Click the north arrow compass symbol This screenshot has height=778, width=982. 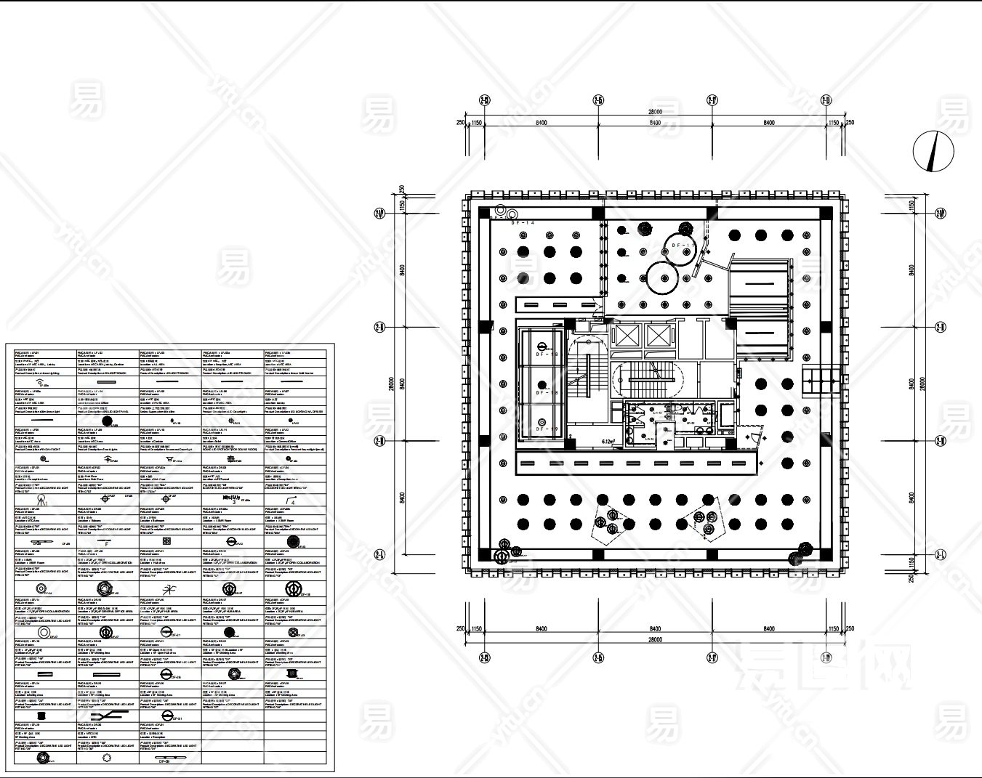[933, 151]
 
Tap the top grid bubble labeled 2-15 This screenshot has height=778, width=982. [598, 100]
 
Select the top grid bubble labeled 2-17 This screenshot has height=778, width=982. [712, 100]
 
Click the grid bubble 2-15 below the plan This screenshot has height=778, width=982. [598, 658]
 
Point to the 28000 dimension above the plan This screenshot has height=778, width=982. [655, 112]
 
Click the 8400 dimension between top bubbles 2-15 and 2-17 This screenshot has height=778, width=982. [655, 123]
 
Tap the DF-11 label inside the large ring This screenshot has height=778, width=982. [680, 246]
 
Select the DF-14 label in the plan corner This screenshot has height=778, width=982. [523, 223]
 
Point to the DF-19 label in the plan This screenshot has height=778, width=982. [547, 429]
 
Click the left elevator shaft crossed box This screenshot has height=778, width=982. [624, 336]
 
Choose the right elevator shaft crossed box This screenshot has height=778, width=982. [657, 336]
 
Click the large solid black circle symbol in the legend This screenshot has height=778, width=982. [108, 421]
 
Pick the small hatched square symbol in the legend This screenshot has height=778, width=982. [166, 541]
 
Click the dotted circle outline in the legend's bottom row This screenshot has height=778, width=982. [107, 757]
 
